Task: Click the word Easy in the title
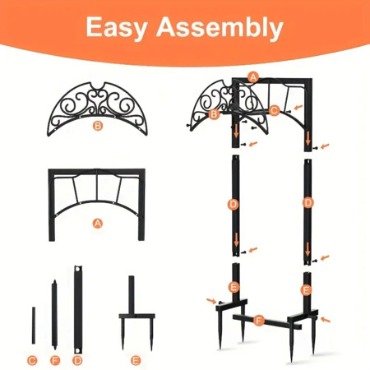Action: (117, 28)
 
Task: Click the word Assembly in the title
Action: (220, 27)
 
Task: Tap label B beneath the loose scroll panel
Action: (98, 126)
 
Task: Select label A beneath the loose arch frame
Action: (97, 224)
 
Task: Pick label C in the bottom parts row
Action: (32, 360)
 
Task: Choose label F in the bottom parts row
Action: (55, 360)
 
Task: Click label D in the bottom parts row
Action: (77, 360)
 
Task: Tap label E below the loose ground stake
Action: (136, 360)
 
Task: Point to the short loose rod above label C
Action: (34, 326)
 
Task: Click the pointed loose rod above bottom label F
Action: (54, 315)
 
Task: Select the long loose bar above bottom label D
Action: (78, 309)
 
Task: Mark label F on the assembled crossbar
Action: (259, 320)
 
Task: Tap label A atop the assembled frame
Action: (253, 77)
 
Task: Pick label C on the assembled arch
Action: (274, 111)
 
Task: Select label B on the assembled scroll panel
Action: (214, 113)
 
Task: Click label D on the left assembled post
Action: (234, 204)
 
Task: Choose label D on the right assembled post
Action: (308, 203)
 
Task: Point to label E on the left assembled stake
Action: (234, 287)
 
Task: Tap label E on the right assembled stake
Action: (306, 290)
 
